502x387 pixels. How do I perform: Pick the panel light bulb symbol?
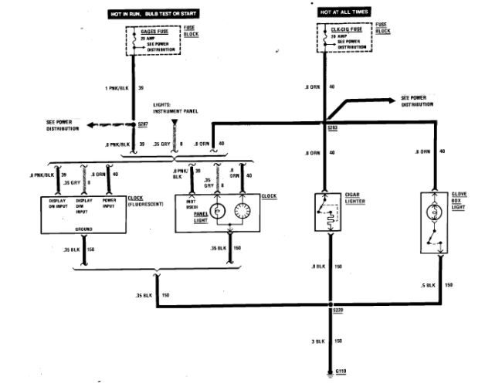coord(218,211)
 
